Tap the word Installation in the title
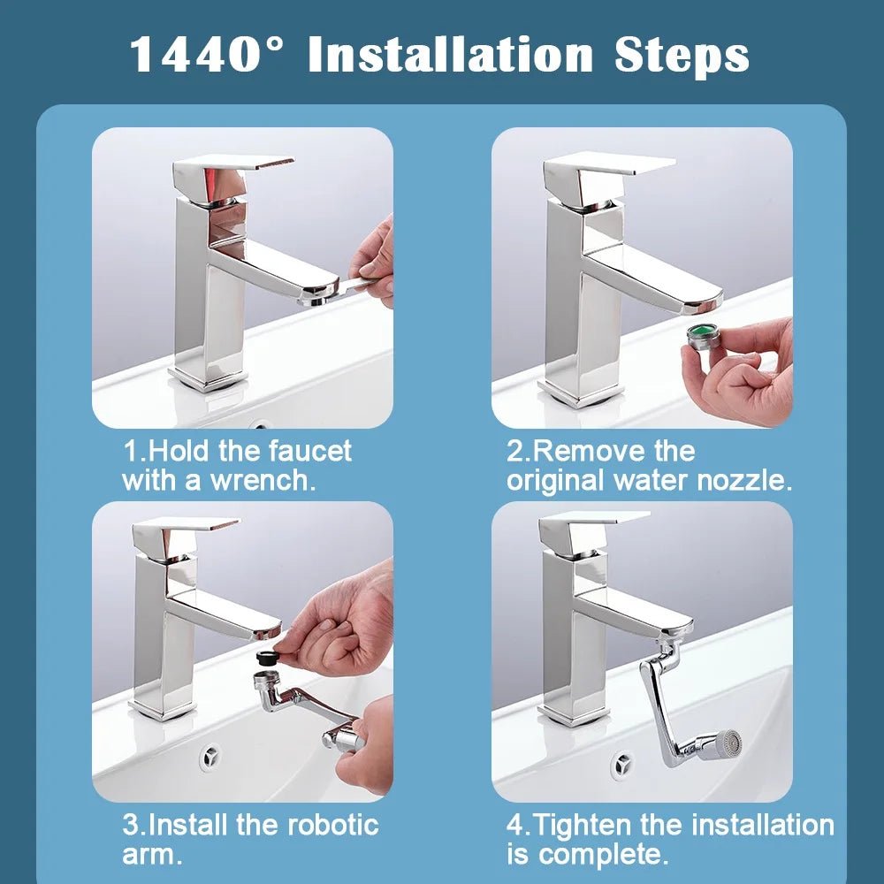[451, 55]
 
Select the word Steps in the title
[680, 55]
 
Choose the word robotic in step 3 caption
[331, 826]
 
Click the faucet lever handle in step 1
[233, 165]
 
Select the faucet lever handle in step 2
[610, 164]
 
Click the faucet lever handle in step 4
[594, 522]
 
